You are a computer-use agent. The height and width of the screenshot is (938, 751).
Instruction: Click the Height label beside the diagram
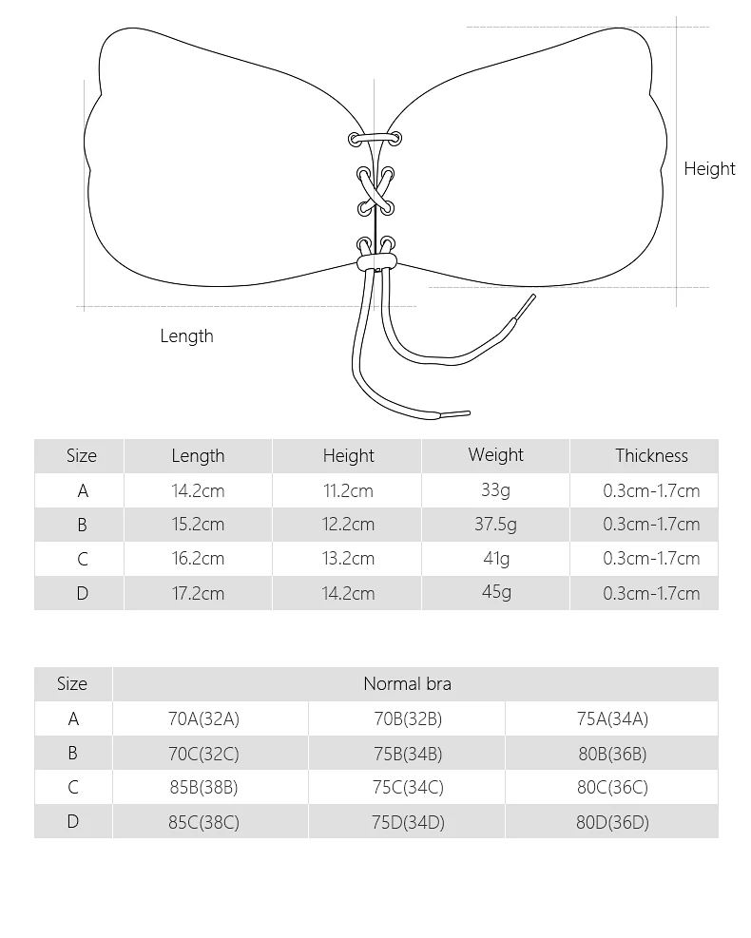click(x=709, y=169)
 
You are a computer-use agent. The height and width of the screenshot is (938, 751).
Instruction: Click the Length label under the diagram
click(x=186, y=336)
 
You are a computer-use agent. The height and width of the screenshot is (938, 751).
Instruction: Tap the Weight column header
click(x=495, y=455)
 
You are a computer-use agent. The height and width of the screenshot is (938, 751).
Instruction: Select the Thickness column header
click(x=651, y=456)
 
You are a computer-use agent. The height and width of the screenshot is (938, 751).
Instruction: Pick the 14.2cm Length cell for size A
click(x=198, y=491)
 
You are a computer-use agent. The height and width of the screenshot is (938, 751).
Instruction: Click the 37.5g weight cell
click(x=495, y=525)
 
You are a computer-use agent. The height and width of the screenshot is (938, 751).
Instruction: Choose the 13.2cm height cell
click(x=348, y=559)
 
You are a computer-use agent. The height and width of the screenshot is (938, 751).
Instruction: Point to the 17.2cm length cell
click(x=198, y=594)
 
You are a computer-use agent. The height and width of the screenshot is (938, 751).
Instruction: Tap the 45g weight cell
click(x=495, y=592)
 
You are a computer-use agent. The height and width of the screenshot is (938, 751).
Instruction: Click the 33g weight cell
click(x=495, y=490)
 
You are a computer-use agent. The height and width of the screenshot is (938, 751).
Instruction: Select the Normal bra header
click(x=407, y=684)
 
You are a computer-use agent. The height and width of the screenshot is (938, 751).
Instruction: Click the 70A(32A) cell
click(x=203, y=719)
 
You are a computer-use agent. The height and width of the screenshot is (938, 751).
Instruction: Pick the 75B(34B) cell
click(x=407, y=755)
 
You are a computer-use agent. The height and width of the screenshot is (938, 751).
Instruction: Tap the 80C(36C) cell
click(x=611, y=788)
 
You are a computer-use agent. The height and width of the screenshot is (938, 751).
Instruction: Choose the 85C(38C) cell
click(x=203, y=823)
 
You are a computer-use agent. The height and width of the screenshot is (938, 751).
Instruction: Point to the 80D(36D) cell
click(x=611, y=823)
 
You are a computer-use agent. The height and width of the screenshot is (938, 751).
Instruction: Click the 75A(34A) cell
click(x=611, y=719)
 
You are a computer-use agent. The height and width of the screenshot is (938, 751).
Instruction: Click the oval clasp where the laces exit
click(x=375, y=258)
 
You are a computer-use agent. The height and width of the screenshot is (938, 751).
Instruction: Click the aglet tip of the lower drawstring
click(x=455, y=414)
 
